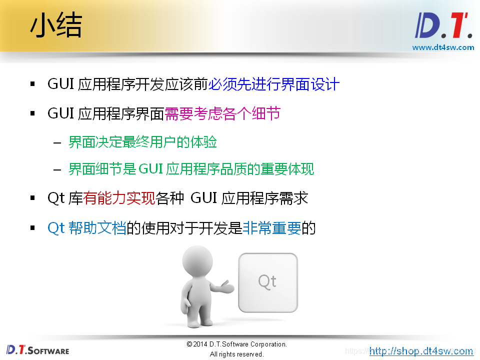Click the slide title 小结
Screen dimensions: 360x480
(55, 26)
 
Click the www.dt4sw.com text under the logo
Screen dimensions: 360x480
(443, 47)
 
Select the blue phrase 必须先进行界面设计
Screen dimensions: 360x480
(273, 84)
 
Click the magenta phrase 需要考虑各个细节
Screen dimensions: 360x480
(222, 113)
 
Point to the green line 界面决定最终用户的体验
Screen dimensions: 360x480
(142, 142)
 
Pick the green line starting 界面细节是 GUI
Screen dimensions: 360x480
(191, 169)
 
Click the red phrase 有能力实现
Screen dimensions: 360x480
(119, 198)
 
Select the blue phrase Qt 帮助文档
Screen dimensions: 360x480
(86, 228)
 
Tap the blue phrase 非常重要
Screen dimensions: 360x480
(271, 228)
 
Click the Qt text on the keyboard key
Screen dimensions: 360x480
(267, 281)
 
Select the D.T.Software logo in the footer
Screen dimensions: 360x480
(38, 349)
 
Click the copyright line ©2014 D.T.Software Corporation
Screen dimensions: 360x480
(236, 344)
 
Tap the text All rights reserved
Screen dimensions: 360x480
(236, 354)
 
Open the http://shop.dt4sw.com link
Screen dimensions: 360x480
(421, 351)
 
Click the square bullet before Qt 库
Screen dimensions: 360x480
(33, 199)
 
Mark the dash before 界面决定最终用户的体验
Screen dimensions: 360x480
(57, 143)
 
